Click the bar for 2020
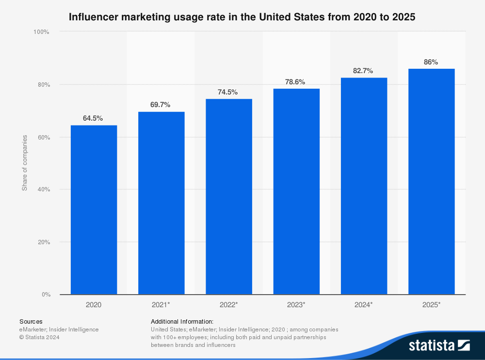(x=94, y=210)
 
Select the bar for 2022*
(x=229, y=197)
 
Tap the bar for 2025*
(x=431, y=182)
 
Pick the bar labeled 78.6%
(x=296, y=191)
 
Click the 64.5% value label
(x=93, y=118)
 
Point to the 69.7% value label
(x=161, y=105)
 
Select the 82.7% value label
(x=363, y=71)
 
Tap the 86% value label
(x=431, y=62)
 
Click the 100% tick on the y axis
(x=41, y=32)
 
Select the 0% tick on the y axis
(x=46, y=295)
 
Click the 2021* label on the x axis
(x=161, y=305)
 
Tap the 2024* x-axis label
(x=364, y=305)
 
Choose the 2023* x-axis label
(x=296, y=305)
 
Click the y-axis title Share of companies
(x=24, y=163)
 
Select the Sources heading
(x=31, y=321)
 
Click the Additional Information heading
(x=182, y=321)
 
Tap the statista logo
(x=439, y=345)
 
